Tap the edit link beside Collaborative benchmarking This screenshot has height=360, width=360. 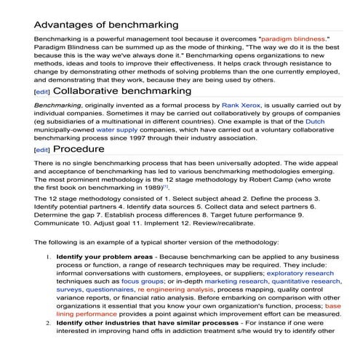point(42,92)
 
